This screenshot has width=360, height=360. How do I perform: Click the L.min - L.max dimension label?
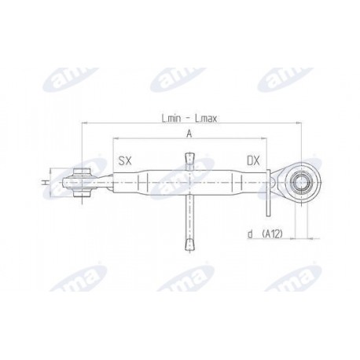(189, 119)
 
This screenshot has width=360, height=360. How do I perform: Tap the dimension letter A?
(189, 134)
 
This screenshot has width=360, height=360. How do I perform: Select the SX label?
(125, 160)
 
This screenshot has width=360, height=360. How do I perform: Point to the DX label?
(253, 160)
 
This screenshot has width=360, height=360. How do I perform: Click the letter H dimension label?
(46, 182)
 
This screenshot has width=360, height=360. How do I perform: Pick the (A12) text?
(273, 233)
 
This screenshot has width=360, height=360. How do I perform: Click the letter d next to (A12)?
(251, 234)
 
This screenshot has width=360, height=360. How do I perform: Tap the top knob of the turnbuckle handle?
(189, 158)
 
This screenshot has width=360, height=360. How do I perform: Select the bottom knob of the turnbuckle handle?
(189, 244)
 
